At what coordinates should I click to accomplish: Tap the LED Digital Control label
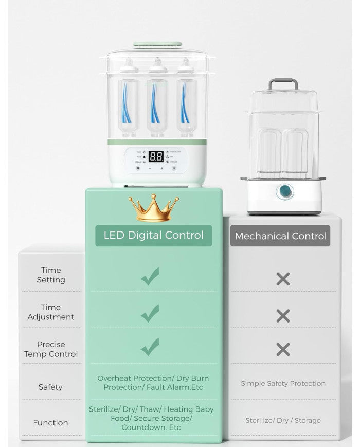[x=154, y=236]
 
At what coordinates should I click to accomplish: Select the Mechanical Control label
[x=280, y=236]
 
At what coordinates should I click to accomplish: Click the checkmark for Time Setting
[x=150, y=276]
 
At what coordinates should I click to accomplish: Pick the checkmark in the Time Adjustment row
[x=150, y=313]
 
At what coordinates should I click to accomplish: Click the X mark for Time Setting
[x=283, y=279]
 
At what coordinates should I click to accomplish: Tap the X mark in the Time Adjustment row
[x=283, y=315]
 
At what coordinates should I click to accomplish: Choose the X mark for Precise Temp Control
[x=283, y=350]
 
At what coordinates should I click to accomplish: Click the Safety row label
[x=50, y=387]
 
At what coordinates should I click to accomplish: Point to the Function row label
[x=50, y=423]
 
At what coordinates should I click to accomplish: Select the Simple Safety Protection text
[x=283, y=383]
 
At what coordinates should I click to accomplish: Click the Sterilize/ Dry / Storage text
[x=283, y=420]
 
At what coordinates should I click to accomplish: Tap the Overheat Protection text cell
[x=153, y=382]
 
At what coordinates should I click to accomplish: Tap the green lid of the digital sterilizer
[x=157, y=46]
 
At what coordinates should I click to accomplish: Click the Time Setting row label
[x=50, y=275]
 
